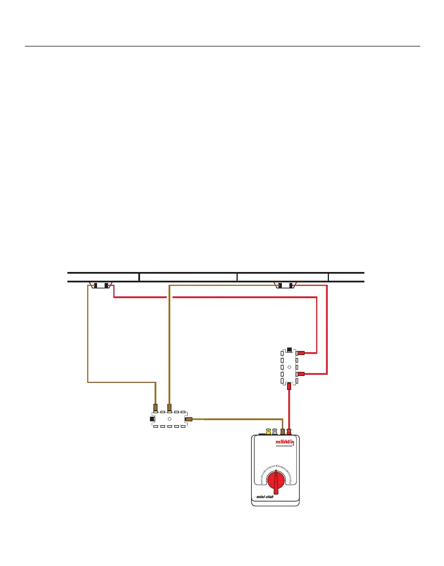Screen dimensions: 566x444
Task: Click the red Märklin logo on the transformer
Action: tap(284, 442)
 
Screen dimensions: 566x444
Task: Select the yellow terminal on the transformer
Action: tap(268, 432)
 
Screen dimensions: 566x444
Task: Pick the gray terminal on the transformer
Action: tap(275, 432)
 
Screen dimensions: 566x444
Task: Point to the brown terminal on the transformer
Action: tap(282, 432)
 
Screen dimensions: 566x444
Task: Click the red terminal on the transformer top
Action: tap(289, 432)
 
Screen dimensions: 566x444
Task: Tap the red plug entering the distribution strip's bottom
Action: tap(289, 385)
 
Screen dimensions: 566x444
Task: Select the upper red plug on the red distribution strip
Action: tap(301, 353)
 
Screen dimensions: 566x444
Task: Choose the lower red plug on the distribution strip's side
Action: tap(301, 374)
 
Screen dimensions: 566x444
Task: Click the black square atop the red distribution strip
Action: tap(289, 350)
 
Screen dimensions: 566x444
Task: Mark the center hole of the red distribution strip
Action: tap(289, 367)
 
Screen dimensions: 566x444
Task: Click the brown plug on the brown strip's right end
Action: tap(188, 418)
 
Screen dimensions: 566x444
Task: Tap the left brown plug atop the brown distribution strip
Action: tap(155, 407)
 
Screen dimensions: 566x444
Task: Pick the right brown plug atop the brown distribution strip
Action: tap(169, 407)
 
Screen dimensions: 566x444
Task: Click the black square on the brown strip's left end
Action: tap(152, 418)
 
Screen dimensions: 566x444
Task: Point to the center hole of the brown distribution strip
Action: tap(169, 418)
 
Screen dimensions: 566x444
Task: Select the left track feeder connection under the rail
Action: tap(101, 285)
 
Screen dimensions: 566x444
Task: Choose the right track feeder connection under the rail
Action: tap(285, 285)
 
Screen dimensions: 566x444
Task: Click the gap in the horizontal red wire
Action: tap(170, 297)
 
